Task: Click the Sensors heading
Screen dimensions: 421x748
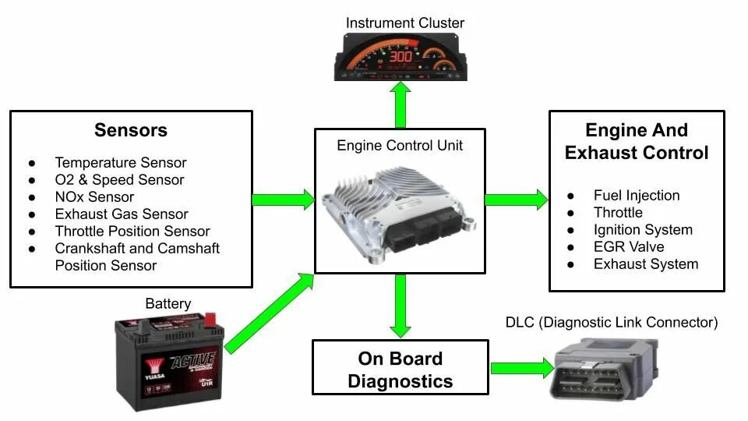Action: point(131,130)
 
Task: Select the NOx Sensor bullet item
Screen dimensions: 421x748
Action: point(94,197)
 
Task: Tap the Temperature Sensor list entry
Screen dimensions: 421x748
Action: point(121,163)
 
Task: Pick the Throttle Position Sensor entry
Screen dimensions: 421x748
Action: point(132,232)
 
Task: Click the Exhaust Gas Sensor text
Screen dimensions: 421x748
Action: point(122,214)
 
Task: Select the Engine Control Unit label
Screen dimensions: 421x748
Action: point(400,146)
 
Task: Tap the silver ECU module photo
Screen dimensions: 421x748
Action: point(399,207)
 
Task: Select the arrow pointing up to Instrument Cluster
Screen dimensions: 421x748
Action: point(400,105)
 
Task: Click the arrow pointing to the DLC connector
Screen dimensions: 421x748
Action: point(520,367)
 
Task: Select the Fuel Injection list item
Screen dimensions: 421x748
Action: point(637,196)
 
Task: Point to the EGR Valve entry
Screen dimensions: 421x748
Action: point(629,247)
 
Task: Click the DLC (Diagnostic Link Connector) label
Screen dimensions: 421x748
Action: point(612,323)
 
